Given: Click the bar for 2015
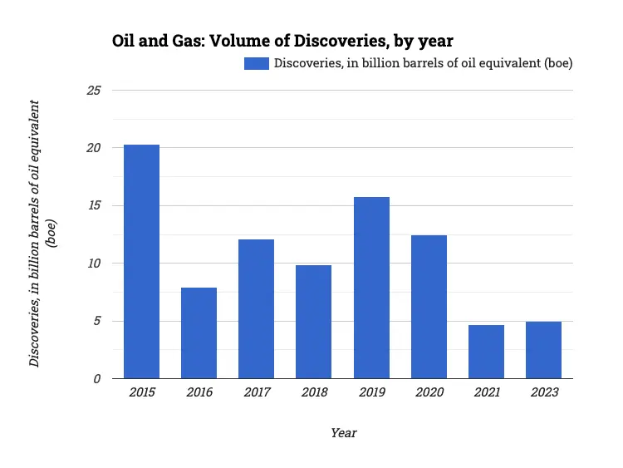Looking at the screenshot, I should pos(141,262).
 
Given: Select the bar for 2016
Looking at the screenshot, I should pos(199,333).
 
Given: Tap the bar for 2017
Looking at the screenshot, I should pos(256,309).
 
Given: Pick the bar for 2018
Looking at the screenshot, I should pos(313,322).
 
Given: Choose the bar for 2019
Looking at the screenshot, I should pos(371,288).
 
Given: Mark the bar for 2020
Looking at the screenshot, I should pos(429,307).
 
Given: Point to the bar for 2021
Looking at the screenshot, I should pos(486,352).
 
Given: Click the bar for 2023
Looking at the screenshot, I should pos(543,350).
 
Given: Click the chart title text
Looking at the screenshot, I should pos(282,40).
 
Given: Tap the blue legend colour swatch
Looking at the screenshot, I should pos(256,63).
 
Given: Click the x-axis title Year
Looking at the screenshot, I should pos(343,433).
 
